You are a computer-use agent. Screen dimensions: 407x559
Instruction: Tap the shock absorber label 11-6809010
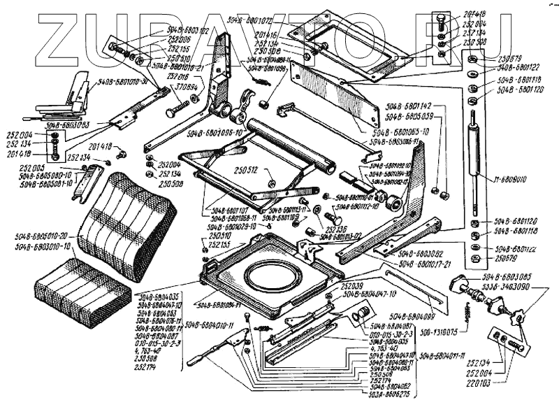coord(514,180)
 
